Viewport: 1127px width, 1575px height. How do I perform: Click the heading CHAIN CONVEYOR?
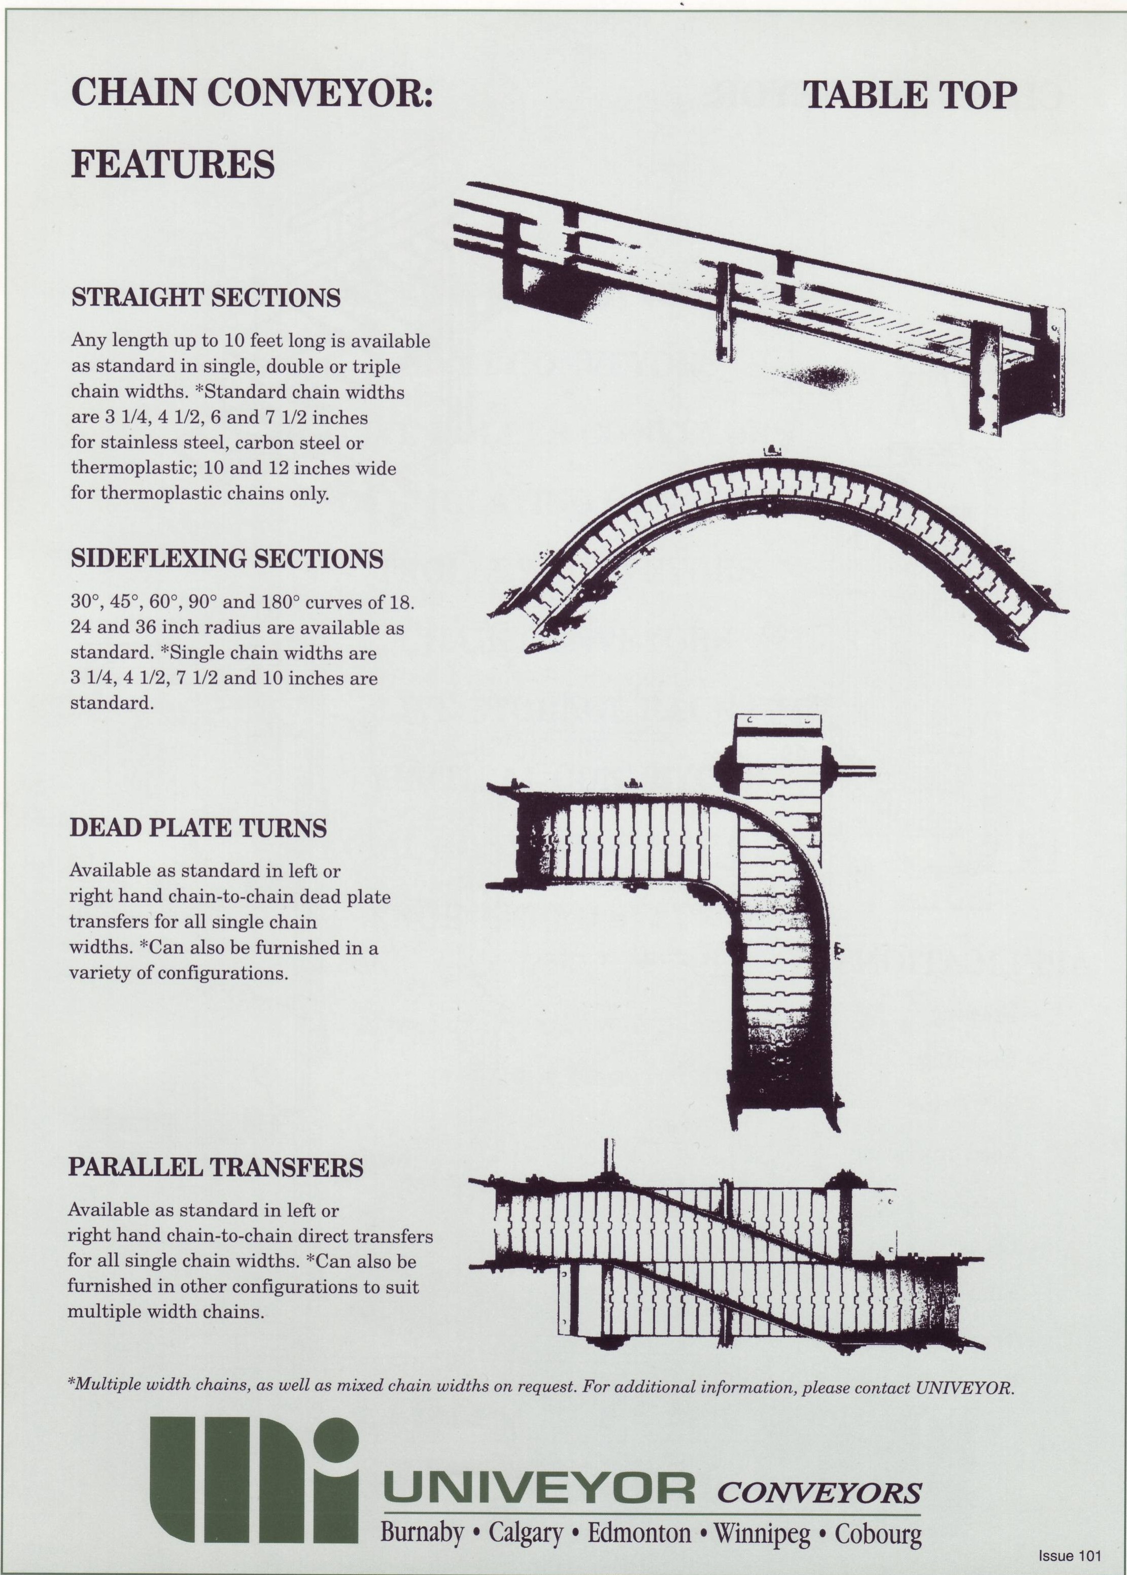[x=252, y=93]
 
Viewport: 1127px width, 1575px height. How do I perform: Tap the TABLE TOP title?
[x=910, y=95]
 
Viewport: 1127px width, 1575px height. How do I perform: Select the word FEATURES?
[x=174, y=164]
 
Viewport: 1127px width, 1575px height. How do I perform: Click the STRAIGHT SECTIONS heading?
[x=206, y=298]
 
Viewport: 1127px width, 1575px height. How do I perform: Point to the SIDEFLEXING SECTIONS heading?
[x=227, y=559]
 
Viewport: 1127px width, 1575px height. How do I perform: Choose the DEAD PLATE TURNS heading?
[x=198, y=828]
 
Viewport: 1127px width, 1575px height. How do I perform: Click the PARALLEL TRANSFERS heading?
[x=215, y=1167]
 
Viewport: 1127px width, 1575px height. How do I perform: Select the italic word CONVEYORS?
[x=819, y=1493]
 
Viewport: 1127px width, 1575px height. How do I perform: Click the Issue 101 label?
[x=1069, y=1556]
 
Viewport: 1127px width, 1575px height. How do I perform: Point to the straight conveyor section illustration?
[x=757, y=305]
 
